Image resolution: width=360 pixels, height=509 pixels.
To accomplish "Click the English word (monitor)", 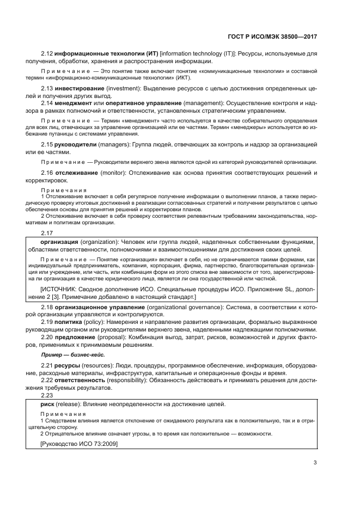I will pos(114,173).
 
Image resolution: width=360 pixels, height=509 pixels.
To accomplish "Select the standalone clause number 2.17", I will pos(47,233).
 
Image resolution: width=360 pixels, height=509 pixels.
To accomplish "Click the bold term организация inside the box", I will pos(59,242).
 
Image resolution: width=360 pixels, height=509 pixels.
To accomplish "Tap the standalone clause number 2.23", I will pos(47,396).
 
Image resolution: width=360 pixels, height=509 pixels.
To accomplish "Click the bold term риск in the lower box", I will pos(47,404).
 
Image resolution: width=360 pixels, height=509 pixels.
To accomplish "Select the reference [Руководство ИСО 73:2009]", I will pos(78,444).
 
